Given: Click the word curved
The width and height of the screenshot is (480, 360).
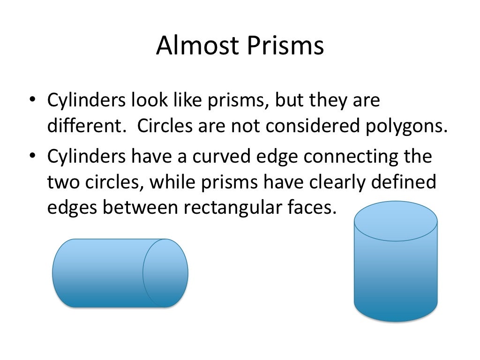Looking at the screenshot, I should click(223, 156).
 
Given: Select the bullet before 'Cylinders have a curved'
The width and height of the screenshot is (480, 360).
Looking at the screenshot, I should click(32, 156).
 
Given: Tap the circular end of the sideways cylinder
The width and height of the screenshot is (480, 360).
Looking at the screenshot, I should click(165, 273).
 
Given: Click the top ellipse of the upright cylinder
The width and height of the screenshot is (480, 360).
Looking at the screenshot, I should click(396, 221).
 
